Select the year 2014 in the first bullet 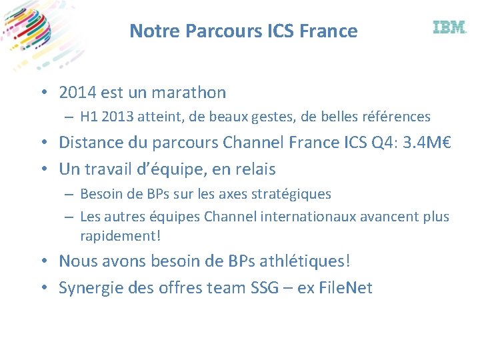(x=77, y=93)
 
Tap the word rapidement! (x=121, y=236)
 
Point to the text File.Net (x=345, y=288)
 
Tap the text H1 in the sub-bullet (x=89, y=117)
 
